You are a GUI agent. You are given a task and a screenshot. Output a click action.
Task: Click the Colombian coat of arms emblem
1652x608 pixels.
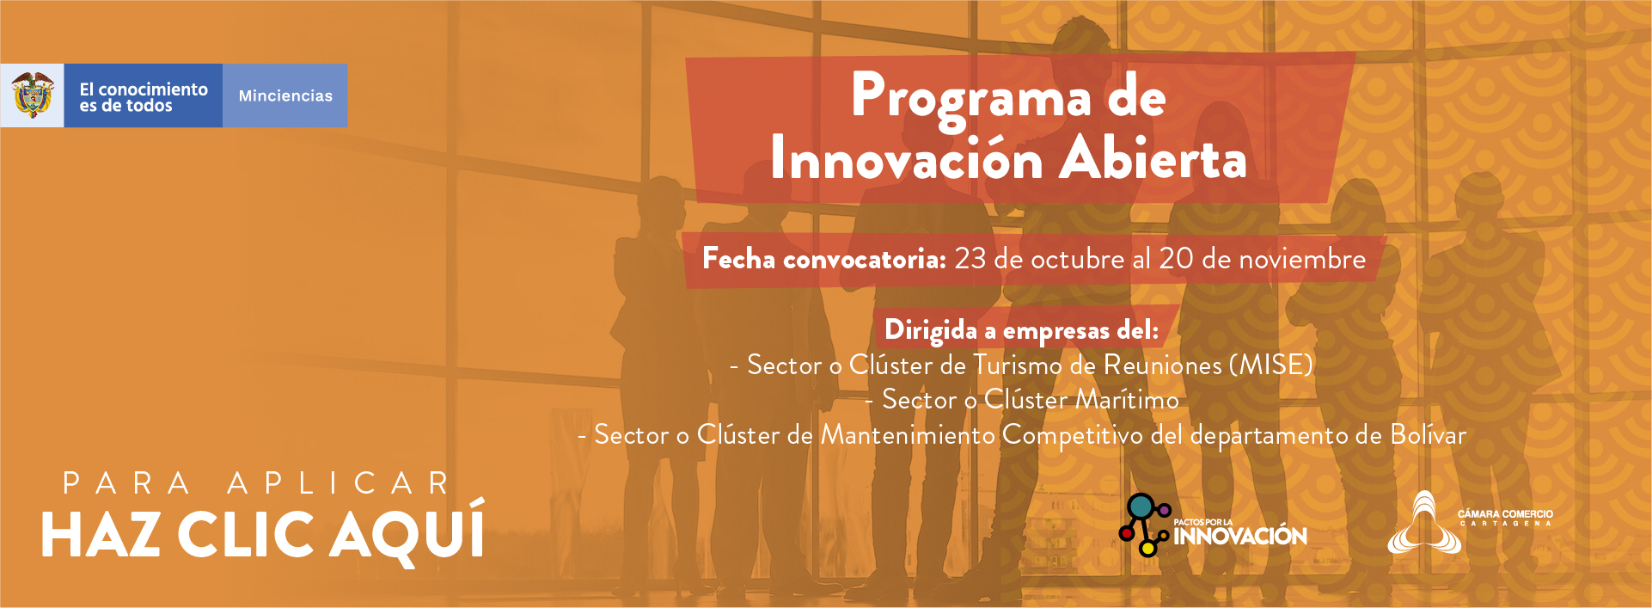[x=33, y=95]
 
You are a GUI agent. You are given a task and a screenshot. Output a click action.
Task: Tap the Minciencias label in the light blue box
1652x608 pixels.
[x=285, y=95]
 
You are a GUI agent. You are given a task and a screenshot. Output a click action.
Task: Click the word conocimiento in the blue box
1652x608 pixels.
[x=153, y=89]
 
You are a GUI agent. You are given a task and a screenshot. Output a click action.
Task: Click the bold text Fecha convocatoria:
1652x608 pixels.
[x=824, y=258]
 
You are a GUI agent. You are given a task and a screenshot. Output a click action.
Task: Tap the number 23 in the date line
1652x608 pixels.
[x=970, y=259]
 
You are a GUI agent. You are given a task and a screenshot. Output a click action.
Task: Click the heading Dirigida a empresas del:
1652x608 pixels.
[x=1022, y=330]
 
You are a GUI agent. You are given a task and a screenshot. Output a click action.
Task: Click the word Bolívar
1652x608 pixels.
[x=1429, y=434]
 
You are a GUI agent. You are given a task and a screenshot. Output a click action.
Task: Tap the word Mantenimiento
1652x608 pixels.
[x=908, y=434]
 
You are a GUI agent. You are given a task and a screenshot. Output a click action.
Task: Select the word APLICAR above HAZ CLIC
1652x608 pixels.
[x=339, y=483]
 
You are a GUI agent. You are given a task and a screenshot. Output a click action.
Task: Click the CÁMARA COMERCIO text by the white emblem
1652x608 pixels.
[x=1505, y=513]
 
